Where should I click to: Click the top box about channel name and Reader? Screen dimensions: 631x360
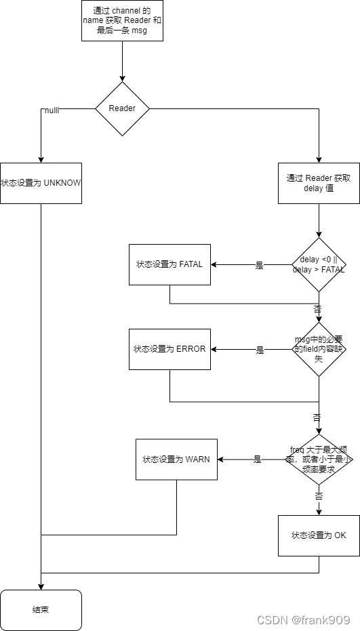[122, 20]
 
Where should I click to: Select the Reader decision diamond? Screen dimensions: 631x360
[122, 108]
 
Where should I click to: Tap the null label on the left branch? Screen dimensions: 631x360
[51, 110]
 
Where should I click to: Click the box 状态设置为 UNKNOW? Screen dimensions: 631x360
[41, 183]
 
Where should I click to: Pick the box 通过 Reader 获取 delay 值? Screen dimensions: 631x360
[319, 183]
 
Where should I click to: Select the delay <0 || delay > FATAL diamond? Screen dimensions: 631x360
[319, 264]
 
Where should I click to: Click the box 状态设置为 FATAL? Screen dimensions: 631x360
[169, 264]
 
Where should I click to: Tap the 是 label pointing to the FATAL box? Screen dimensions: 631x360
[259, 266]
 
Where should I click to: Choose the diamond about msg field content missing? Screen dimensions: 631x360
[319, 349]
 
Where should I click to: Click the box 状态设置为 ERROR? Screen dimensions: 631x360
[169, 349]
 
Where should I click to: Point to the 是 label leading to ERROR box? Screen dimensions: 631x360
[260, 350]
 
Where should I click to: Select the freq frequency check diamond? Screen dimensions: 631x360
[319, 459]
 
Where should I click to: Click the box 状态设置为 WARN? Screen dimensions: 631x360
[176, 459]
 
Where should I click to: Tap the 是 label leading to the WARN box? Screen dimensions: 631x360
[258, 460]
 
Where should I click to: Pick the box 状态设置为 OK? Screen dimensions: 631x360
[319, 535]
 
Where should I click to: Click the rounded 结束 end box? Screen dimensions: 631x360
[41, 610]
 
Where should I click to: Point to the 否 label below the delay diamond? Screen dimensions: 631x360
[318, 308]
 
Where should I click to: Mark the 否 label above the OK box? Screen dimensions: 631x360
[319, 496]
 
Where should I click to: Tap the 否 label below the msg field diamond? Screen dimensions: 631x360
[317, 418]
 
